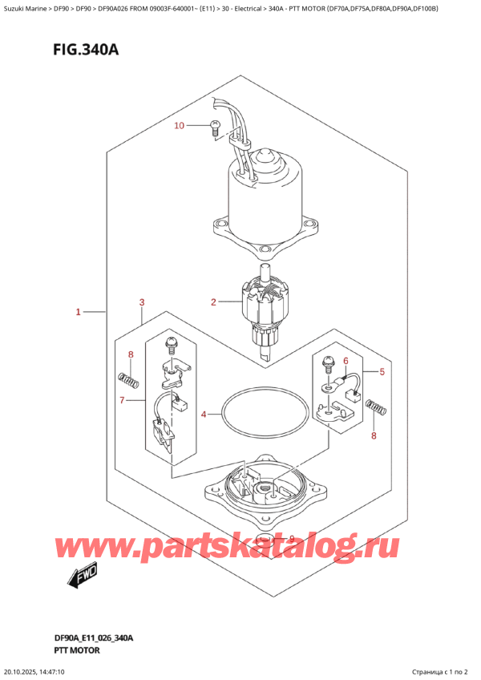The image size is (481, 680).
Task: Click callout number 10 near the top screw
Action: click(179, 126)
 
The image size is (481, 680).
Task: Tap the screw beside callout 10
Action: click(215, 124)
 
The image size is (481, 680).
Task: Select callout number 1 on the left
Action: click(79, 311)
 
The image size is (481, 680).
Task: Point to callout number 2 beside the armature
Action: click(214, 302)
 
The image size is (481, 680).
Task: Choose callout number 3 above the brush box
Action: click(141, 302)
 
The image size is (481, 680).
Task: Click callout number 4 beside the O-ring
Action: click(204, 415)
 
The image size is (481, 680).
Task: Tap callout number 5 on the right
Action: click(382, 372)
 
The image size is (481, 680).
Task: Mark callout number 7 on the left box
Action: click(122, 399)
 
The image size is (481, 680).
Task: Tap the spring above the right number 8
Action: click(375, 408)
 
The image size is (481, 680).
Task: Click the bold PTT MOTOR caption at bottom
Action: click(73, 650)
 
